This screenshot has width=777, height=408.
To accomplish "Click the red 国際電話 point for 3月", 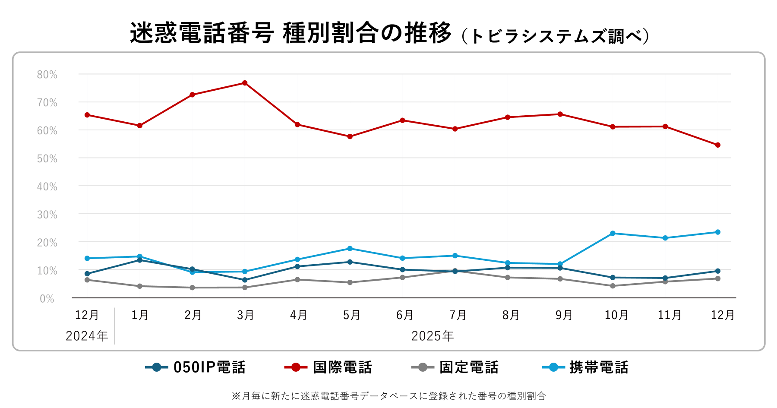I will [245, 83].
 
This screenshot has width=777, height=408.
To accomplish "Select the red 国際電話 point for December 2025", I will [717, 145].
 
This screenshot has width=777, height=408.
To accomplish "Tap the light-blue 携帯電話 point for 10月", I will [613, 233].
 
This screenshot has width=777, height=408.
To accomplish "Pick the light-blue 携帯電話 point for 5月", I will [350, 249].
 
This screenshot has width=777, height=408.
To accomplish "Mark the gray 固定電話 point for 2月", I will [192, 288].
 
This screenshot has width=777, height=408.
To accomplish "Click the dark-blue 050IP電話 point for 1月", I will [139, 260].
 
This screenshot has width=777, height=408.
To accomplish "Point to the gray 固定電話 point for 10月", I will [613, 286].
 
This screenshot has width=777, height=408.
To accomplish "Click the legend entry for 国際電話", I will [328, 367].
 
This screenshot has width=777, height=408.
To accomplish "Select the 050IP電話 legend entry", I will [196, 367].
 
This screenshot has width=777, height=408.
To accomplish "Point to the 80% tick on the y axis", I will [47, 75].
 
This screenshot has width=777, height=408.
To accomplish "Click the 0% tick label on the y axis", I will [47, 299].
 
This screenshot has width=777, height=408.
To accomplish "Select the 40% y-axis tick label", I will [47, 187].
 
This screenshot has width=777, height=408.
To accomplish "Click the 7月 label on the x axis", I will [458, 315].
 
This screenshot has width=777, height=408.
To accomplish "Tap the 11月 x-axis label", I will [669, 315].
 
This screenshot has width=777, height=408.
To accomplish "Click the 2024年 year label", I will [87, 336].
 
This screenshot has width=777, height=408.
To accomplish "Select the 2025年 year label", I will [433, 336].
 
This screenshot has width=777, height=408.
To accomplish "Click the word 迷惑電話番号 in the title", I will [202, 33].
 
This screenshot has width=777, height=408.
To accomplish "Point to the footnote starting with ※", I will [388, 396].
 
